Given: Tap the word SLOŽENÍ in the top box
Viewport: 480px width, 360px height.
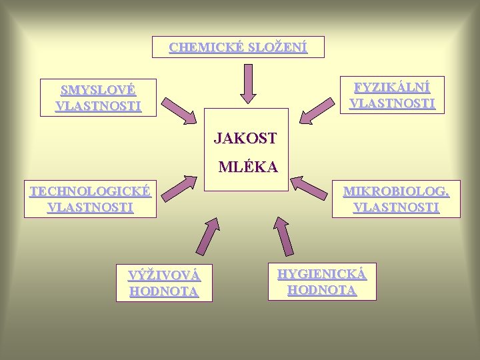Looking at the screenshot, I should [x=277, y=48].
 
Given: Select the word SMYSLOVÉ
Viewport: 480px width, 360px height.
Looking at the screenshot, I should [x=99, y=90].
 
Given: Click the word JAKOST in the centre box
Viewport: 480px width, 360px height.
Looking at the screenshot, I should [x=245, y=139].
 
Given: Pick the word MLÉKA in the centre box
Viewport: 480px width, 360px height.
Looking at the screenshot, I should [x=248, y=167].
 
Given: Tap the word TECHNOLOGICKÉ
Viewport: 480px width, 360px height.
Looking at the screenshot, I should [x=90, y=192].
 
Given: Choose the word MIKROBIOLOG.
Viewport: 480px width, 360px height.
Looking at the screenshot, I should [x=396, y=192].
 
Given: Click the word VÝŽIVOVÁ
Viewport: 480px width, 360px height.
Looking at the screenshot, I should [x=164, y=275].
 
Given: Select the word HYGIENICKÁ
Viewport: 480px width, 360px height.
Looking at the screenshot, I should [x=322, y=273].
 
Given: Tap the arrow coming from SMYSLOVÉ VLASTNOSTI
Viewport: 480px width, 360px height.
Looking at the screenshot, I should [x=180, y=113].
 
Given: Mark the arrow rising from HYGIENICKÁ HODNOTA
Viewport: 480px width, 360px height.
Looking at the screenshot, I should [x=283, y=235].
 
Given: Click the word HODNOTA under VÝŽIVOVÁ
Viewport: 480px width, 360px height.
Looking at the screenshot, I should [x=164, y=291].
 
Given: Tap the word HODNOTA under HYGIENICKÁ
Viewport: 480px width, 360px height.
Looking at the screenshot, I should [x=322, y=290].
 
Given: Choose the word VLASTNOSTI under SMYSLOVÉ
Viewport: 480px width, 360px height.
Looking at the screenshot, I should [x=99, y=106].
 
